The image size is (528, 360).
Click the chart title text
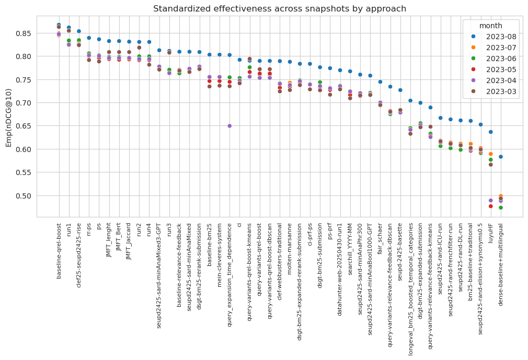pos(279,9)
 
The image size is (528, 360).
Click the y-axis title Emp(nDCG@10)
pos(9,118)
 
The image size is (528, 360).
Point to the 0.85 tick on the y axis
pos(25,33)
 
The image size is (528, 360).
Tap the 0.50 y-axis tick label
pos(25,196)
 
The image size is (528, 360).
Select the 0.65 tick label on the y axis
pos(25,126)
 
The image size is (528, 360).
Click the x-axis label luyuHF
pos(491,233)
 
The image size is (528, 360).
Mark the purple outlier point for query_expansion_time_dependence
pos(229,126)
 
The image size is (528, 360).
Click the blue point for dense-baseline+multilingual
pos(501,157)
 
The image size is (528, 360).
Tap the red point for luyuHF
pos(491,206)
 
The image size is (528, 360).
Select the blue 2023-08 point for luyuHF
pos(491,132)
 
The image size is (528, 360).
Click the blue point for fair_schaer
pos(381,82)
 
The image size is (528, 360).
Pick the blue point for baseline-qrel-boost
pos(59,25)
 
